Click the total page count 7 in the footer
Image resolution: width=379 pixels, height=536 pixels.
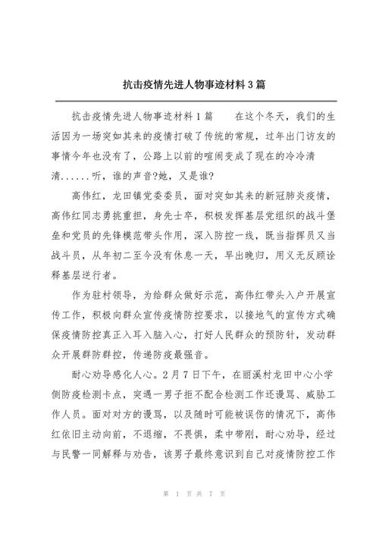pyautogui.click(x=207, y=516)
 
